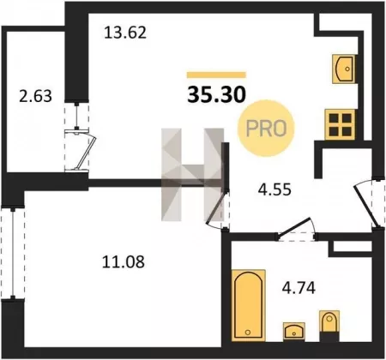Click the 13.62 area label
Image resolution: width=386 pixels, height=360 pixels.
coord(125,33)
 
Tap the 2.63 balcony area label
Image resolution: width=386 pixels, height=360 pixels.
coord(35,96)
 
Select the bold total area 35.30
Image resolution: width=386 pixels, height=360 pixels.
coord(216,94)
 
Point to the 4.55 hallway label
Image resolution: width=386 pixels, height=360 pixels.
coord(274,189)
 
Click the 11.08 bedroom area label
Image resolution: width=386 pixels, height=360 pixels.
coord(124,261)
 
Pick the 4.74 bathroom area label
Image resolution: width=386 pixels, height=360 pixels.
coord(299,288)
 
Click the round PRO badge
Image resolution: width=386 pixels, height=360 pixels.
coord(266,128)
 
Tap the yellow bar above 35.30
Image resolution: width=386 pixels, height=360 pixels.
coord(216,75)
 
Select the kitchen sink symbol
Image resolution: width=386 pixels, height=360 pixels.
coord(344,69)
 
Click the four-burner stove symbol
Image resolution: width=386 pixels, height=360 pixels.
coord(341,125)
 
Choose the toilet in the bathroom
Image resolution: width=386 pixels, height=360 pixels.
coord(329,326)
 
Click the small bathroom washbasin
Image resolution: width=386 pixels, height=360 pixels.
coord(294,332)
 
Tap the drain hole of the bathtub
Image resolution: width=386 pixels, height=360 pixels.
coord(248,333)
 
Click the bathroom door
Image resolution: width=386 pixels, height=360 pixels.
coord(296,229)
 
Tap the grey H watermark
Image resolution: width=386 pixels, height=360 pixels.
coord(192,175)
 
